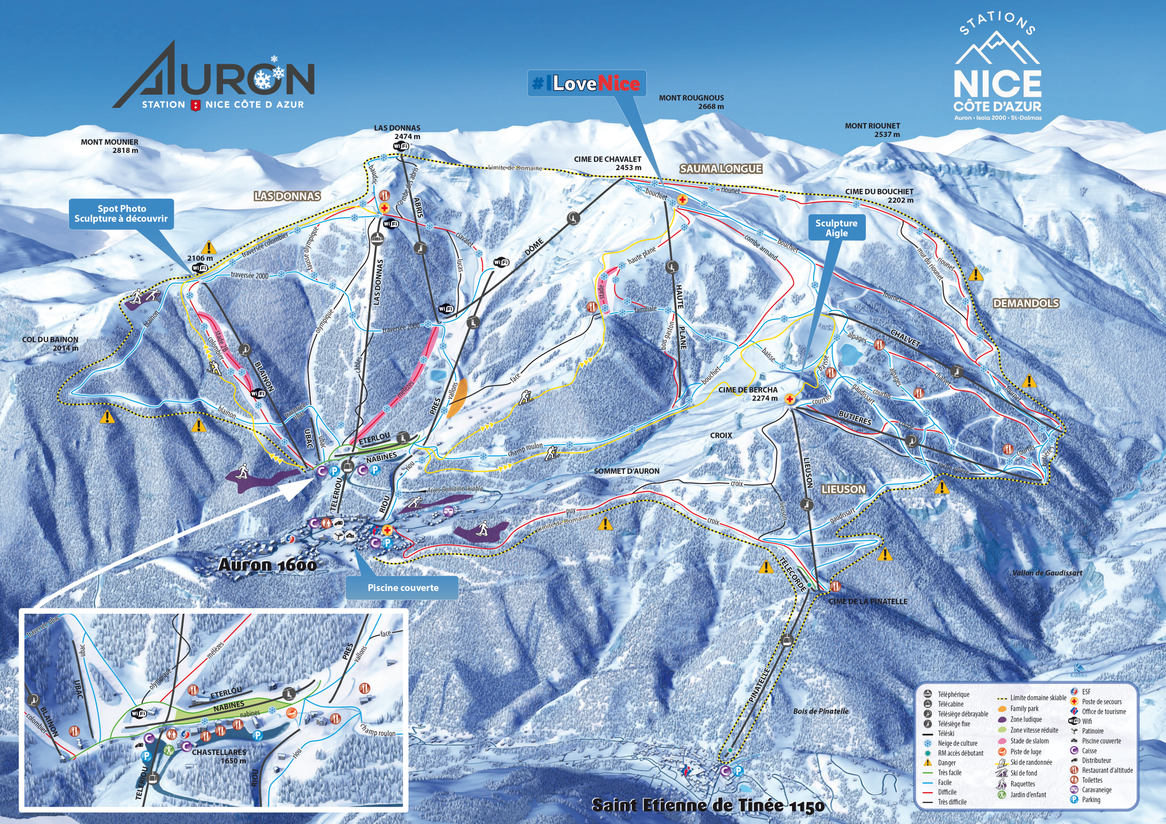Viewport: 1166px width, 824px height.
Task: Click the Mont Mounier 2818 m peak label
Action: click(x=109, y=146)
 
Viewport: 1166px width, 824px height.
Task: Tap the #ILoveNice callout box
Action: click(x=587, y=84)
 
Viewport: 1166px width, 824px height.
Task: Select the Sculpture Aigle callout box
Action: click(x=836, y=228)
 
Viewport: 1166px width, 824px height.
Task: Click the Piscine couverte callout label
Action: click(x=403, y=587)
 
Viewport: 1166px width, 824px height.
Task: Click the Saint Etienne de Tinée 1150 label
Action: click(x=708, y=805)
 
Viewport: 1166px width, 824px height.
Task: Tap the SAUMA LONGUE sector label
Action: click(x=721, y=169)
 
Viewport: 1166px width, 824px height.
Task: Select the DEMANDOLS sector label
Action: click(x=1026, y=303)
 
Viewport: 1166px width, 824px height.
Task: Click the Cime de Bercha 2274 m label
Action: click(x=747, y=394)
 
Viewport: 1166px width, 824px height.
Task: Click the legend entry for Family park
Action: click(x=1024, y=709)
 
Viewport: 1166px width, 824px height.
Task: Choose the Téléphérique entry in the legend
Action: click(x=953, y=694)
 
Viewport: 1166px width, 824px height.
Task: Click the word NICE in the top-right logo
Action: click(x=997, y=84)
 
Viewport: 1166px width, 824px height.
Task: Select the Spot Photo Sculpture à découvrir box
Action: click(x=121, y=213)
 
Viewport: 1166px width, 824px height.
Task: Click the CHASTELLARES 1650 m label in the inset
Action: click(x=219, y=756)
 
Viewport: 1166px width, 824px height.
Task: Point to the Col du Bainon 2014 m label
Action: click(x=50, y=344)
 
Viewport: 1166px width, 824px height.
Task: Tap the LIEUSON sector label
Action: click(x=844, y=489)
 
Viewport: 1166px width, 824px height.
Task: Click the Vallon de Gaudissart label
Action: click(x=1047, y=573)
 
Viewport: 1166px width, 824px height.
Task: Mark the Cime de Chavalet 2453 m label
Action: click(x=608, y=163)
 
